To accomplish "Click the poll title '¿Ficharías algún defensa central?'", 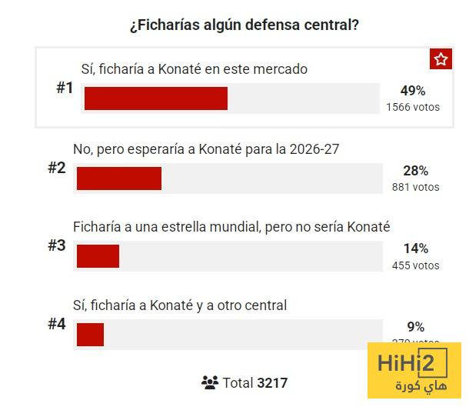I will (244, 25).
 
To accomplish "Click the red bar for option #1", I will (156, 98).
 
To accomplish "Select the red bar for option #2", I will (119, 178).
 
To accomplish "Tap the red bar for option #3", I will (98, 256).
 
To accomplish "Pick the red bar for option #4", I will (90, 335).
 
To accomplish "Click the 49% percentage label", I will (413, 92).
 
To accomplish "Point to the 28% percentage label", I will (415, 171).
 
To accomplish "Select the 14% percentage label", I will (415, 249).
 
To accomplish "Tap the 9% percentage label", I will (415, 327).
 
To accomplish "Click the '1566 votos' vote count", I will (413, 107).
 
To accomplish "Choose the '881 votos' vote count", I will (415, 186).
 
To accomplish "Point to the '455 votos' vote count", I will (415, 265).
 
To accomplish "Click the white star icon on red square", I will (441, 60).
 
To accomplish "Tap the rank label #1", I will (65, 88).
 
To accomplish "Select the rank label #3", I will (57, 245).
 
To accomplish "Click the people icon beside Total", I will (210, 382).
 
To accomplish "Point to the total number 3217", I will (272, 382).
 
